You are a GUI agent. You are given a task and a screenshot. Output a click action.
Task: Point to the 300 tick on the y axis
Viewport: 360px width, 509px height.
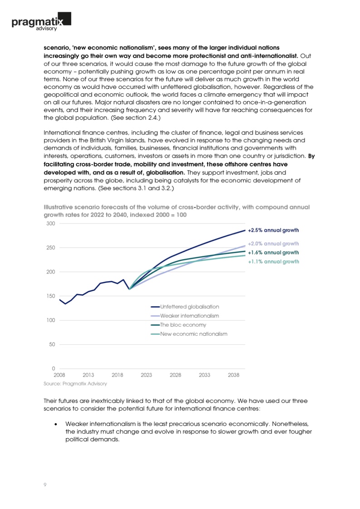tap(50, 224)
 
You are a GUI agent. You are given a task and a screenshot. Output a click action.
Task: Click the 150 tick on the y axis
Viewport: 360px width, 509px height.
tap(50, 296)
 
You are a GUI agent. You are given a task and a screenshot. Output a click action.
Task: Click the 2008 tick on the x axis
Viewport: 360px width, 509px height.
tap(59, 375)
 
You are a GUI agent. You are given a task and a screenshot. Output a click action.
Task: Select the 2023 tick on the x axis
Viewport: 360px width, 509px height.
tap(146, 375)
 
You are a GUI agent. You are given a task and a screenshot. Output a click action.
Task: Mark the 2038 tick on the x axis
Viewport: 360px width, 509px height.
tap(233, 375)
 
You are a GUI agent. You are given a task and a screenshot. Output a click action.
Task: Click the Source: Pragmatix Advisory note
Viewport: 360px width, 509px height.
tap(75, 384)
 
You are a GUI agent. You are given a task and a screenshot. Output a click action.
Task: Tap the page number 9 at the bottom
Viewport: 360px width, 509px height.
tap(44, 485)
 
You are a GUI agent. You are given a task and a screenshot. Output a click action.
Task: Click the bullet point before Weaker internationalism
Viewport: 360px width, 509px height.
tap(55, 423)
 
